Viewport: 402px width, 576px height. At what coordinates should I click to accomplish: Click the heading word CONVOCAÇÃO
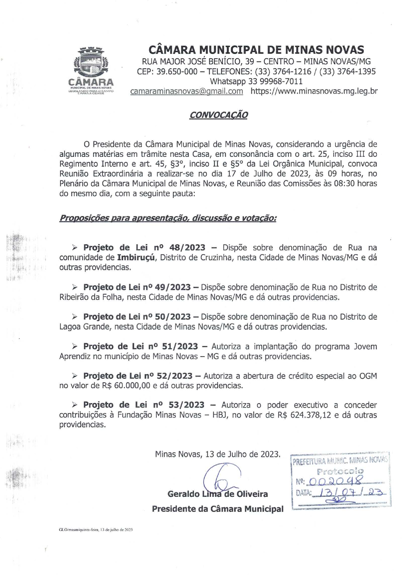pyautogui.click(x=218, y=115)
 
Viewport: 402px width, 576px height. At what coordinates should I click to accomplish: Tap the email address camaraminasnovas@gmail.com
pyautogui.click(x=187, y=91)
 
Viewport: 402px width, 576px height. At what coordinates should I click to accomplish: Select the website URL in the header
pyautogui.click(x=314, y=91)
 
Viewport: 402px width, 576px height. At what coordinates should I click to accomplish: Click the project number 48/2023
pyautogui.click(x=187, y=248)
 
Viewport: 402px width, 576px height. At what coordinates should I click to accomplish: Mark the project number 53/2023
pyautogui.click(x=186, y=405)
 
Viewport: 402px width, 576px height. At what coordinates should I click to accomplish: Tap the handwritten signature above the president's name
pyautogui.click(x=221, y=478)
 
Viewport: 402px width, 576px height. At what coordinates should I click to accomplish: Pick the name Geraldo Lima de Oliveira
pyautogui.click(x=218, y=494)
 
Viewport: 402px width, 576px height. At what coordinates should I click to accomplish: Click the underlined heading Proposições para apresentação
pyautogui.click(x=167, y=218)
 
